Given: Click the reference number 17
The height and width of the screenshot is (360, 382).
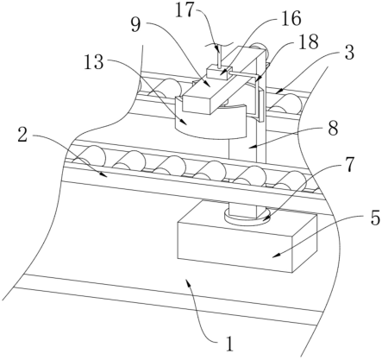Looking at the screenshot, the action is click(x=185, y=11).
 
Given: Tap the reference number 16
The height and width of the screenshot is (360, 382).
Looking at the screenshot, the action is click(x=291, y=18).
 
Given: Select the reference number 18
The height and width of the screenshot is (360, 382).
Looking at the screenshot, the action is click(x=310, y=41).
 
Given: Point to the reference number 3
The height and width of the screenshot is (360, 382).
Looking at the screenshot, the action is click(x=348, y=53).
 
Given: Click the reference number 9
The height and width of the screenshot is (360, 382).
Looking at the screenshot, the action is click(x=135, y=25).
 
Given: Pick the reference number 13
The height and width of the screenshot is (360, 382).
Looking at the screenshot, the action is click(x=94, y=62).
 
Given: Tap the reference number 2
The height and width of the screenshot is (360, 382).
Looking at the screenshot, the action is click(x=22, y=135).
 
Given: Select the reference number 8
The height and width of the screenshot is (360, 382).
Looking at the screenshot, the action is click(x=333, y=129).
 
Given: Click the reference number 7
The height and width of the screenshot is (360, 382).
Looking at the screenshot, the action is click(x=349, y=165).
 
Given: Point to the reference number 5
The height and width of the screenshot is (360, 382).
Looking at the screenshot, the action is click(x=375, y=218).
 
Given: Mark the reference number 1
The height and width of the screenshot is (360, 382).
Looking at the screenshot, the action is click(x=229, y=344).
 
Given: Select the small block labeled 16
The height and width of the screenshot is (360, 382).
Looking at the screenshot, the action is click(x=219, y=72).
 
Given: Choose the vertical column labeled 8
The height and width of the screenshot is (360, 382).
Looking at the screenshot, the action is click(x=248, y=161).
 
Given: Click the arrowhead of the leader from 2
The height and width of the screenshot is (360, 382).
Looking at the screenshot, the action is click(x=105, y=175).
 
